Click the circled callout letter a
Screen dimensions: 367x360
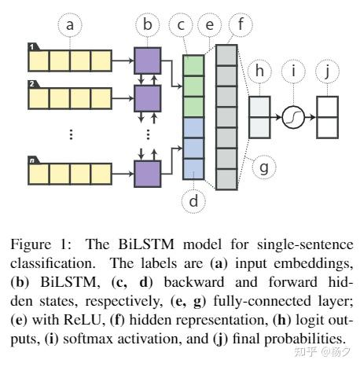click(71, 25)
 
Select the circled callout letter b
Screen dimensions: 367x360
click(146, 25)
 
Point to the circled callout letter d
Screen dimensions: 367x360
click(194, 201)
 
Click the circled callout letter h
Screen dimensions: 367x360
click(259, 72)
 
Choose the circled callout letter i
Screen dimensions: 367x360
click(295, 72)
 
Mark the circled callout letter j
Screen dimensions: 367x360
click(328, 72)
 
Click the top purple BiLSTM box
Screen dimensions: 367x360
click(147, 60)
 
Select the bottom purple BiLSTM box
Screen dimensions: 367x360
click(147, 169)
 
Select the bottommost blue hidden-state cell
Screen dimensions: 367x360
click(194, 167)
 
